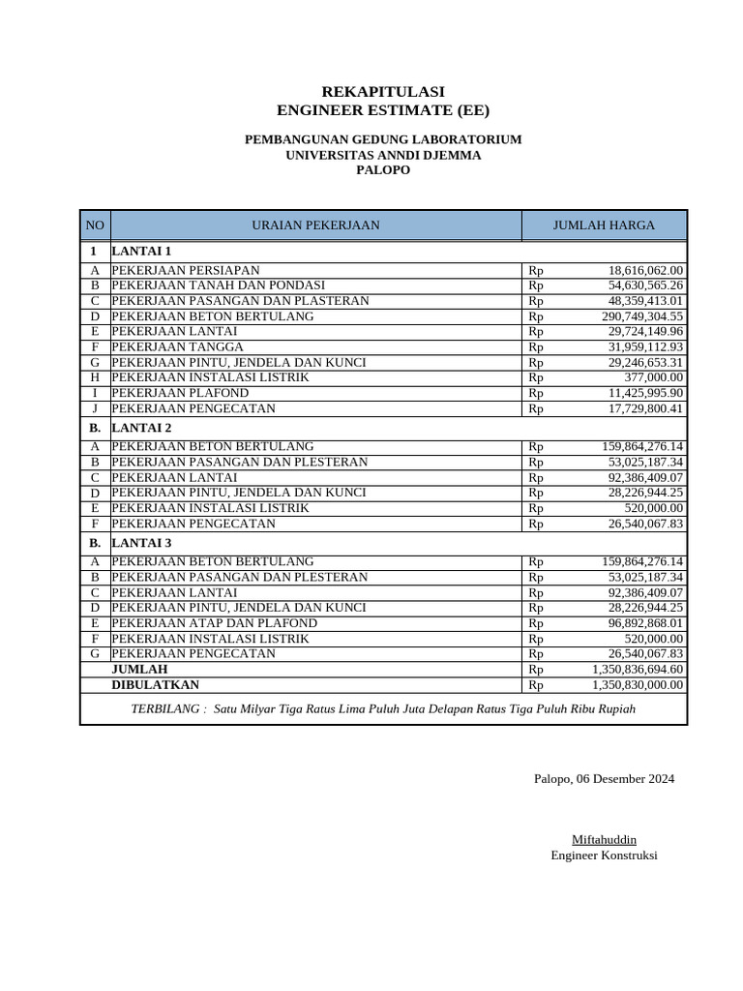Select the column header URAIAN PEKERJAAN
315,225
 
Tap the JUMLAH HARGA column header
604,225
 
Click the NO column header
95,225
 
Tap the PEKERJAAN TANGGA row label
178,346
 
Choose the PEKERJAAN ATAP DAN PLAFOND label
215,623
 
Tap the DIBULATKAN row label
156,684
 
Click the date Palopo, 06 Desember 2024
604,779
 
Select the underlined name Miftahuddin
604,839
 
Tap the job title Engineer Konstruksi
604,856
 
